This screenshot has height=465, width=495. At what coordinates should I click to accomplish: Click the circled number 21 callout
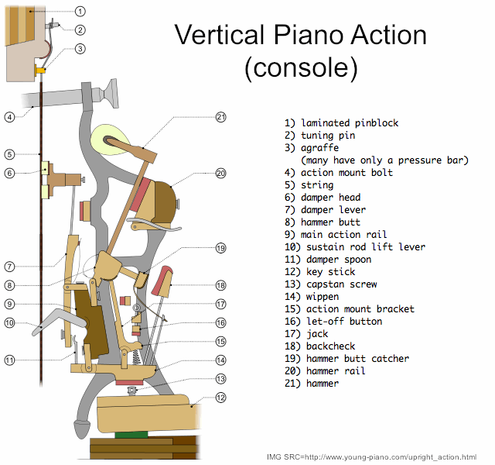tap(220, 117)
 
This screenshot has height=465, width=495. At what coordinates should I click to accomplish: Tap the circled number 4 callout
tap(9, 117)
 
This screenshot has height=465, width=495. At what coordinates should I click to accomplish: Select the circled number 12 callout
tap(220, 398)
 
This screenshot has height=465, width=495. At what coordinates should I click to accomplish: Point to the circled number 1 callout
tap(80, 12)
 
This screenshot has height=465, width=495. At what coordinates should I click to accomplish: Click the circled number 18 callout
tap(220, 285)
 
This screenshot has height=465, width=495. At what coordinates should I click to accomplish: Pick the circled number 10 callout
tap(9, 323)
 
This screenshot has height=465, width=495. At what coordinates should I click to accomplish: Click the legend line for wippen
tap(312, 297)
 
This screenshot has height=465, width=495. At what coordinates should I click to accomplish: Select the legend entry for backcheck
tap(319, 346)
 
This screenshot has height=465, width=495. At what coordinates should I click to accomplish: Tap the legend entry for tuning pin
tap(319, 136)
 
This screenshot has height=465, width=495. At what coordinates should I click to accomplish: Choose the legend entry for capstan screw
tap(330, 284)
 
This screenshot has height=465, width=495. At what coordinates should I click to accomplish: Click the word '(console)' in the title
tap(301, 67)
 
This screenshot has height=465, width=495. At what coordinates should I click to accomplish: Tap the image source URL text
tap(371, 457)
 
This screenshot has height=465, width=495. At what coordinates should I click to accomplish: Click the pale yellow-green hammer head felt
tap(109, 139)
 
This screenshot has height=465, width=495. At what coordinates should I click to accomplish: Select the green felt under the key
tap(131, 435)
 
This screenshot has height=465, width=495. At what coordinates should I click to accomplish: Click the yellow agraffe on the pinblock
tap(40, 69)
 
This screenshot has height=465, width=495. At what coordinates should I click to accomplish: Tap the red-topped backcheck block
tap(162, 281)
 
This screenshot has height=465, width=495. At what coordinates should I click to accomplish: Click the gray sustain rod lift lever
tap(60, 322)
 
